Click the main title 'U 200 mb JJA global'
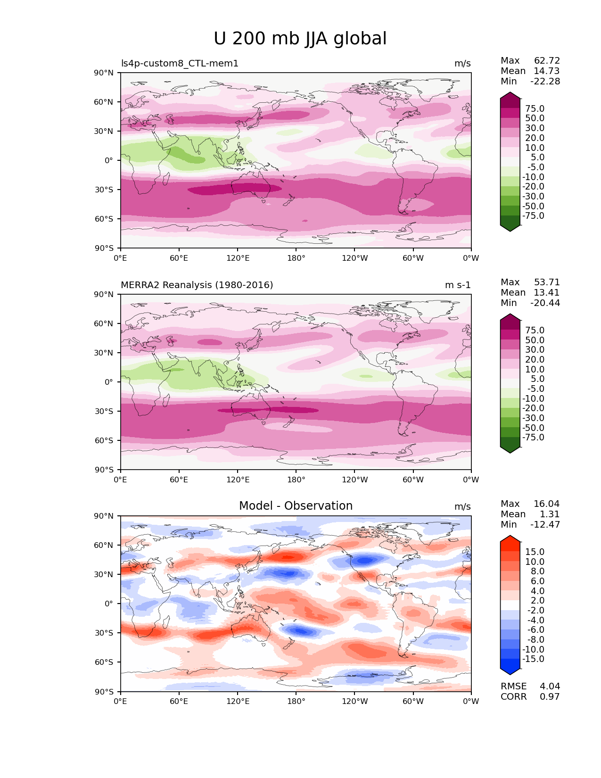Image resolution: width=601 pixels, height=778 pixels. coord(300,39)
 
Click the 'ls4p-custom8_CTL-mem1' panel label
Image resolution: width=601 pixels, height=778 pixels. coord(180,64)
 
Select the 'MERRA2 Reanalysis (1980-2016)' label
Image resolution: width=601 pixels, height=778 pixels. coord(197,285)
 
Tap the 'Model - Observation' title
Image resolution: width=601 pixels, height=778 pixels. coord(296,506)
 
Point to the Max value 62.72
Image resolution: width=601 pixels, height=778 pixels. coord(547,61)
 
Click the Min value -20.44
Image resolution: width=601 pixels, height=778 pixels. coord(545,303)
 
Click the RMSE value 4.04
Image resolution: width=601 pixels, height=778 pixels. coord(550,687)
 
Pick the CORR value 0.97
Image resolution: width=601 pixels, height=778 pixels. coord(550,697)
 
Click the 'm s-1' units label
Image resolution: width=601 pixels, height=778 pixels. coord(458,285)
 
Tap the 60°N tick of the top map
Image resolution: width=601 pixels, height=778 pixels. coord(106,102)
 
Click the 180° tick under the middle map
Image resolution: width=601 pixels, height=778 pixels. coord(296,480)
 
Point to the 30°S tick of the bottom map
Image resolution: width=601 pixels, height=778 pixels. coord(106,633)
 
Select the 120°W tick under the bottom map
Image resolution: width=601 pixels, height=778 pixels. coord(354,702)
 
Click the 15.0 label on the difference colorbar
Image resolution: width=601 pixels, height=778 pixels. coord(535,552)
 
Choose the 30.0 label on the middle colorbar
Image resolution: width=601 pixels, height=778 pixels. coord(535,350)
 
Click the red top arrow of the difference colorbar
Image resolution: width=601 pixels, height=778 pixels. coord(510,538)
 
